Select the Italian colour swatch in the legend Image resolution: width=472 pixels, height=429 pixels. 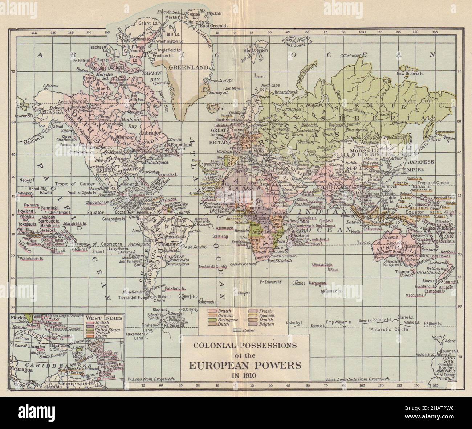[238, 330]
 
